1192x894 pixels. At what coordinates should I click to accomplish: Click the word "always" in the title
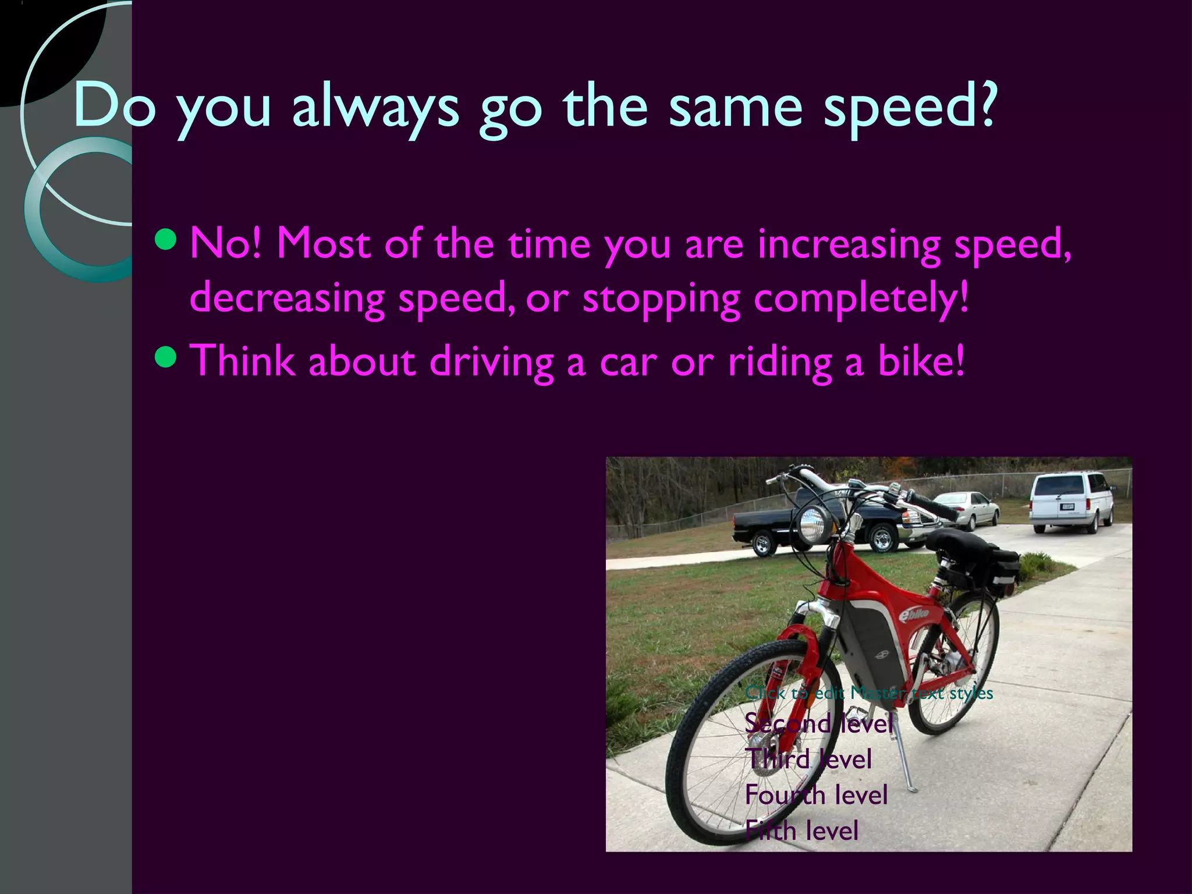coord(375,107)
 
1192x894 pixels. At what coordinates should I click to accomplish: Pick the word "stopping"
coord(661,299)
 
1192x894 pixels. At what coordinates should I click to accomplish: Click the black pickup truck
coord(815,524)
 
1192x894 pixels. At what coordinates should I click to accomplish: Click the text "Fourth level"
coord(816,795)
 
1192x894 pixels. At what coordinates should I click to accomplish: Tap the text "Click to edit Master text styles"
coord(868,693)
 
